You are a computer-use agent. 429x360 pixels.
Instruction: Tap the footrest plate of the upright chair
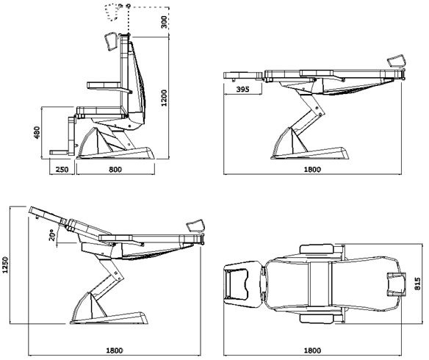point(61,153)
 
